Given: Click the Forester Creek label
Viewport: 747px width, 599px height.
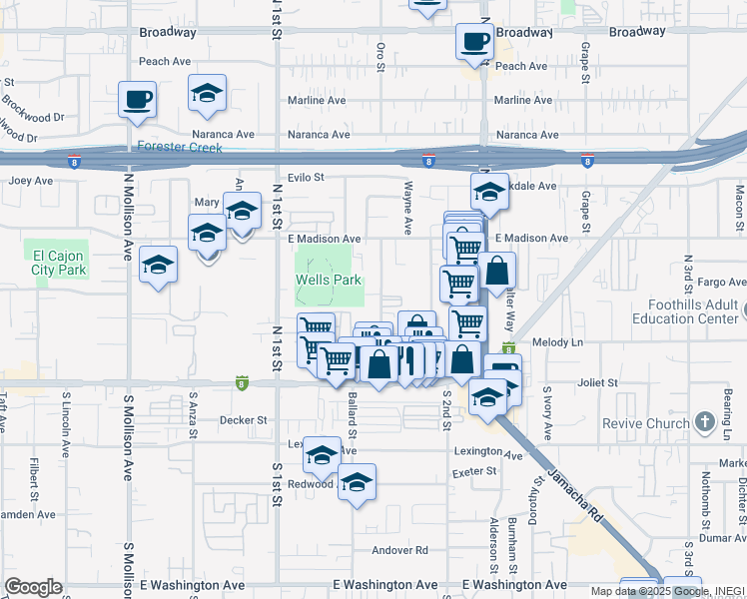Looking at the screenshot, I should (180, 147).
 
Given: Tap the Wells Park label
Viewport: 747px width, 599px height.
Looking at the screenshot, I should (329, 281).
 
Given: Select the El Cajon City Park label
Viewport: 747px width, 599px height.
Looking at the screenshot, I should (55, 262).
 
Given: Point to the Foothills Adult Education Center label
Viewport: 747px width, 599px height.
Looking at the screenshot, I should (689, 312).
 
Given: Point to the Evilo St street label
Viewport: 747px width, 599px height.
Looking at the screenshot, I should (307, 178).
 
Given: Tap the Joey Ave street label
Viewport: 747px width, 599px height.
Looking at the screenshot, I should (31, 181).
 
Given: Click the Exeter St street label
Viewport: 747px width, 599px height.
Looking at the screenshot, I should (474, 472).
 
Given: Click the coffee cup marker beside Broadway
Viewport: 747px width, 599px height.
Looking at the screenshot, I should (474, 41).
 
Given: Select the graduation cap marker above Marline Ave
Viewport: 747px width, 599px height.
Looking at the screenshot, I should (207, 93).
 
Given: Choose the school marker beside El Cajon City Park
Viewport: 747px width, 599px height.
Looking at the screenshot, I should (158, 265).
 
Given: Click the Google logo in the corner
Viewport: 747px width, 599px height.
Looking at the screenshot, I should (33, 587).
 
